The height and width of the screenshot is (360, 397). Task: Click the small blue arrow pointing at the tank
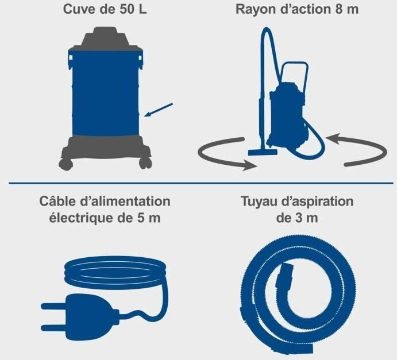[x=159, y=110]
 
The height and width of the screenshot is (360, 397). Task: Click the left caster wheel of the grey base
[x=66, y=164]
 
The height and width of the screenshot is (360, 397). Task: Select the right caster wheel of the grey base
[x=145, y=164]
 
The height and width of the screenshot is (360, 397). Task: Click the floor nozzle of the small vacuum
[x=263, y=152]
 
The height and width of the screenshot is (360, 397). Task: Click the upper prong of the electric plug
[x=53, y=307]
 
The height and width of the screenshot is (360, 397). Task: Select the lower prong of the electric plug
[x=53, y=328]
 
